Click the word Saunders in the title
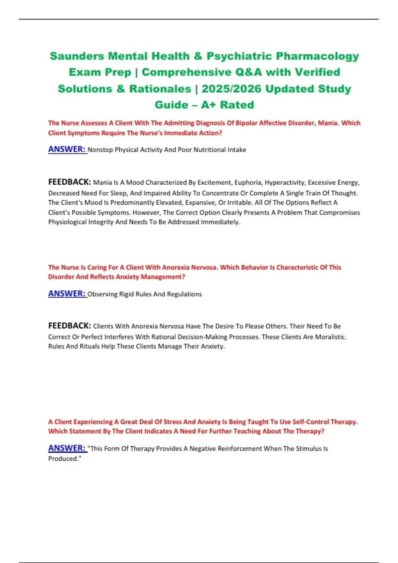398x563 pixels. (77, 56)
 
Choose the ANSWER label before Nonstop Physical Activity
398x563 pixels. (67, 149)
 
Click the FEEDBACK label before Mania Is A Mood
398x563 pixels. (69, 182)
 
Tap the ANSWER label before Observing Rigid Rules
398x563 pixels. (67, 294)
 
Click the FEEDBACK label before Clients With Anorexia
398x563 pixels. (69, 326)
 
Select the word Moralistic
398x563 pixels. (330, 337)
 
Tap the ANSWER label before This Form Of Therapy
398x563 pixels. (67, 448)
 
